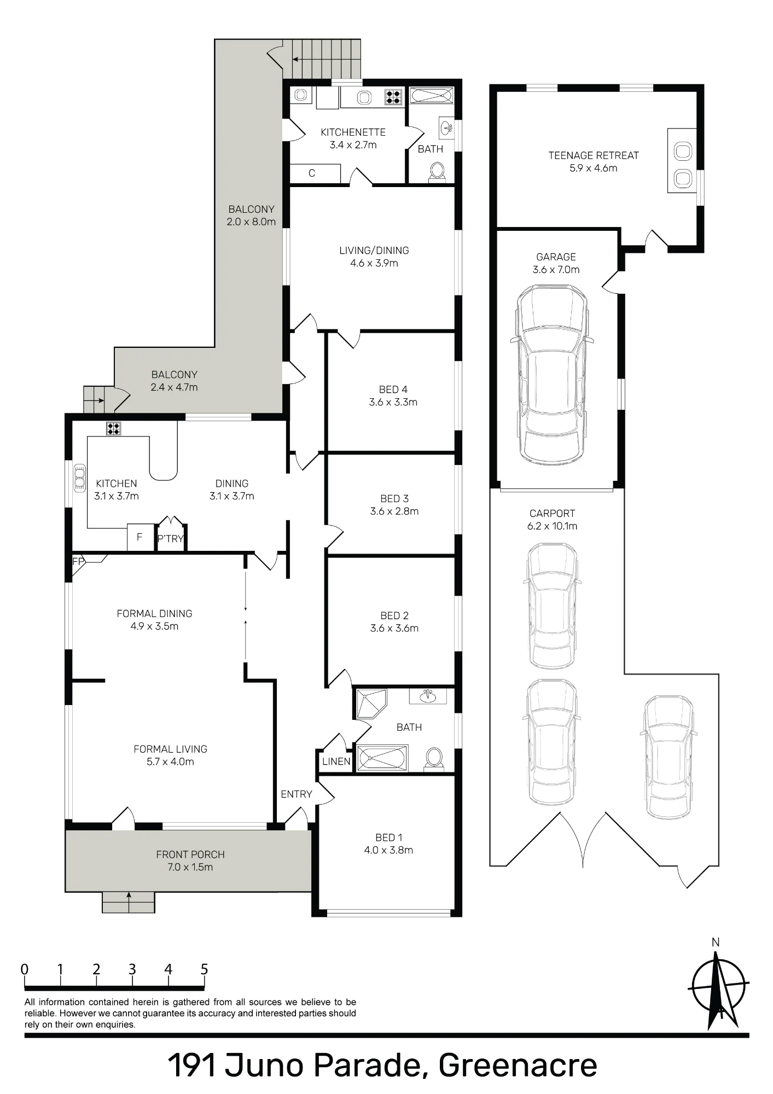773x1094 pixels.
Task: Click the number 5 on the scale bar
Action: click(x=204, y=970)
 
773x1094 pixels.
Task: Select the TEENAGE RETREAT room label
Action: click(x=594, y=155)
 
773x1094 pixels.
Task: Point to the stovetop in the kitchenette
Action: click(x=393, y=97)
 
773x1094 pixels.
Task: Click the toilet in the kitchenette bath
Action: click(x=437, y=172)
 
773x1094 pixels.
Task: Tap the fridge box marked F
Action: click(x=140, y=537)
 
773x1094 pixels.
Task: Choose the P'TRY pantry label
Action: click(x=170, y=539)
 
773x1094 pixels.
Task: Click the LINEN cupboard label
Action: click(x=336, y=761)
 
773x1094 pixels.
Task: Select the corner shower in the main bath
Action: click(x=371, y=703)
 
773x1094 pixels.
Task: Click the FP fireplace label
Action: click(x=78, y=561)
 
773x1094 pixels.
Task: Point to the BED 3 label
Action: click(x=394, y=498)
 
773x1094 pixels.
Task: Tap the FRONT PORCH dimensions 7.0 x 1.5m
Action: click(x=190, y=867)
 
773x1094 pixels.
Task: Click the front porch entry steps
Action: click(x=129, y=902)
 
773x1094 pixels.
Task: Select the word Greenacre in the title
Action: click(x=518, y=1066)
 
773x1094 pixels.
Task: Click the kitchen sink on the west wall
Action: click(x=80, y=478)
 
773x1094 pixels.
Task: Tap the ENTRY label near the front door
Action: click(x=297, y=794)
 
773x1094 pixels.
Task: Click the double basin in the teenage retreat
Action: click(x=682, y=160)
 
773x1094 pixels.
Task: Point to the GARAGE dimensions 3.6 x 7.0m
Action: click(x=556, y=270)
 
